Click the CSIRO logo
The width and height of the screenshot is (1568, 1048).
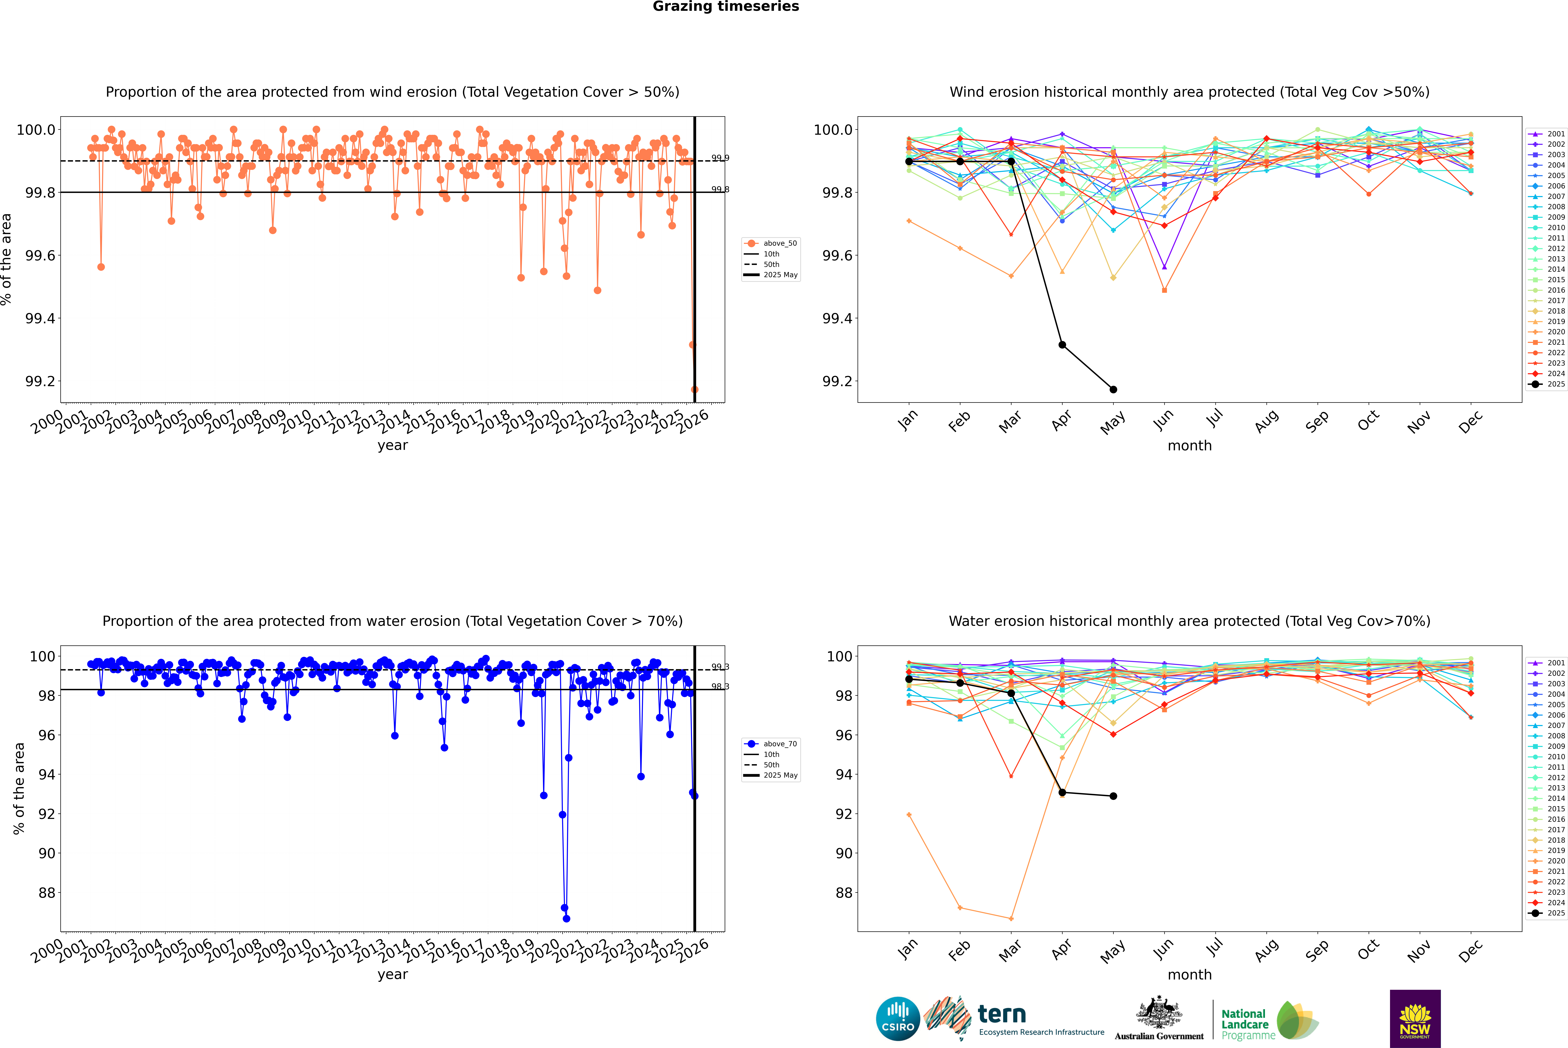point(898,1019)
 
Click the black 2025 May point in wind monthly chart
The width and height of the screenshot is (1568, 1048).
point(1113,390)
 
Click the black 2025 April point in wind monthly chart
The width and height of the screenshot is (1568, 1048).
point(1062,345)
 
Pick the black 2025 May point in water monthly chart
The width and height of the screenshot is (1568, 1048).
point(1113,796)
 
